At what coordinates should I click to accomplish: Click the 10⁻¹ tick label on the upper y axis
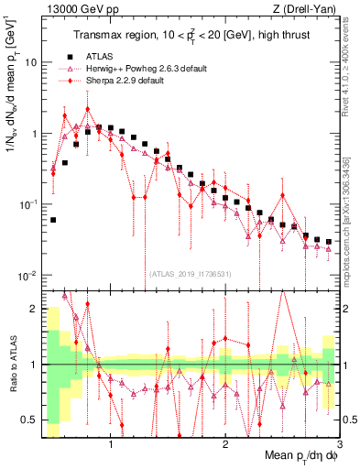[x=28, y=204]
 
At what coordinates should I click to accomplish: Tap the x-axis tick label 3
[x=339, y=445]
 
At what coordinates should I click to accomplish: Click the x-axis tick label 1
[x=111, y=445]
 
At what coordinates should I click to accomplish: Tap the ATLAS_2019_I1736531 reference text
[x=190, y=274]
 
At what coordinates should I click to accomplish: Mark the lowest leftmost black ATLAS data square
[x=53, y=220]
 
